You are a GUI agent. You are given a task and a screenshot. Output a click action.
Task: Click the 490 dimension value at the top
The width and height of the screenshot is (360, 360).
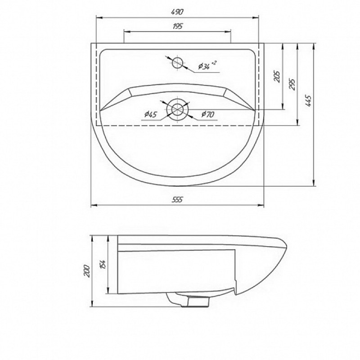(177, 12)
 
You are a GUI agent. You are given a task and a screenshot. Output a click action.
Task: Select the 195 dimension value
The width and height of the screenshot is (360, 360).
(177, 26)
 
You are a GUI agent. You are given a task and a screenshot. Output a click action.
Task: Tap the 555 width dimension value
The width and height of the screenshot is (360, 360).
(177, 200)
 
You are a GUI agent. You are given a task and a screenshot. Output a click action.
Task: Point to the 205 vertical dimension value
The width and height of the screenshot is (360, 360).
(277, 76)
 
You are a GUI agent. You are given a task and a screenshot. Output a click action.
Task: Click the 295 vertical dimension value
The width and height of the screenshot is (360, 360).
(292, 84)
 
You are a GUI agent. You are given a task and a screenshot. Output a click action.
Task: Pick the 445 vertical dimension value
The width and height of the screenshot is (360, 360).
(309, 100)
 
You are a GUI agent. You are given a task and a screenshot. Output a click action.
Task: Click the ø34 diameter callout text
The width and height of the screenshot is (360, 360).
(207, 65)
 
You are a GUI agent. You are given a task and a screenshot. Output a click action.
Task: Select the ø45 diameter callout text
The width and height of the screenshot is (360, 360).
(151, 114)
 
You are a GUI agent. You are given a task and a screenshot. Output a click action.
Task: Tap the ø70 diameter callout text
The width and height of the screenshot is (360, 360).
(208, 114)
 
